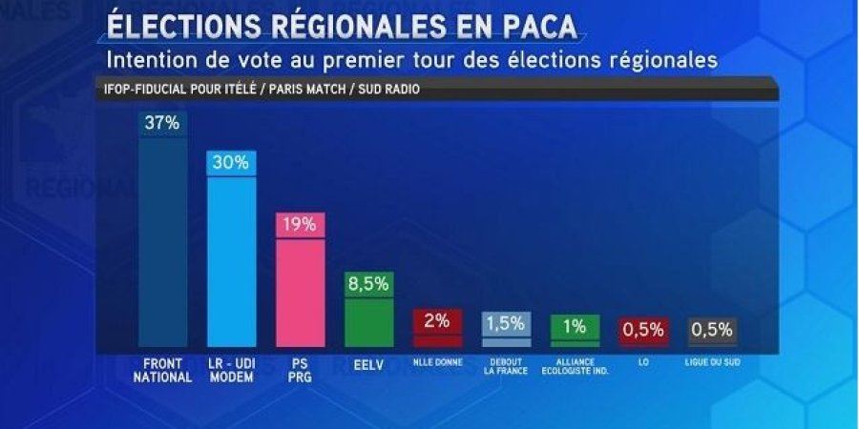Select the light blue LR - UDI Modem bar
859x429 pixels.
pos(231,262)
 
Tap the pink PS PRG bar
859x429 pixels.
pos(301,291)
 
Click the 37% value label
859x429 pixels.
pos(162,123)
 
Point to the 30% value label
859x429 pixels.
pos(231,162)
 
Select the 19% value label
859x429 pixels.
pos(301,225)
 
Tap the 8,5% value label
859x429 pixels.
pos(368,283)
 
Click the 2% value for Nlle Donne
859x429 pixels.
pos(437,321)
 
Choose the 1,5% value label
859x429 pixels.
pos(506,324)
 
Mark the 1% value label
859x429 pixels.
pos(575,326)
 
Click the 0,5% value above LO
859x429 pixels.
pos(643,330)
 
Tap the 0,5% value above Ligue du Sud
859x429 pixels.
pos(712,330)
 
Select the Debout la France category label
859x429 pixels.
pos(506,367)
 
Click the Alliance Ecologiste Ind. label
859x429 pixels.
pos(575,367)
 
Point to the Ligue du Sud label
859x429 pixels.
pos(712,362)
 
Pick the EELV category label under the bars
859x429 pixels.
pos(368,364)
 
